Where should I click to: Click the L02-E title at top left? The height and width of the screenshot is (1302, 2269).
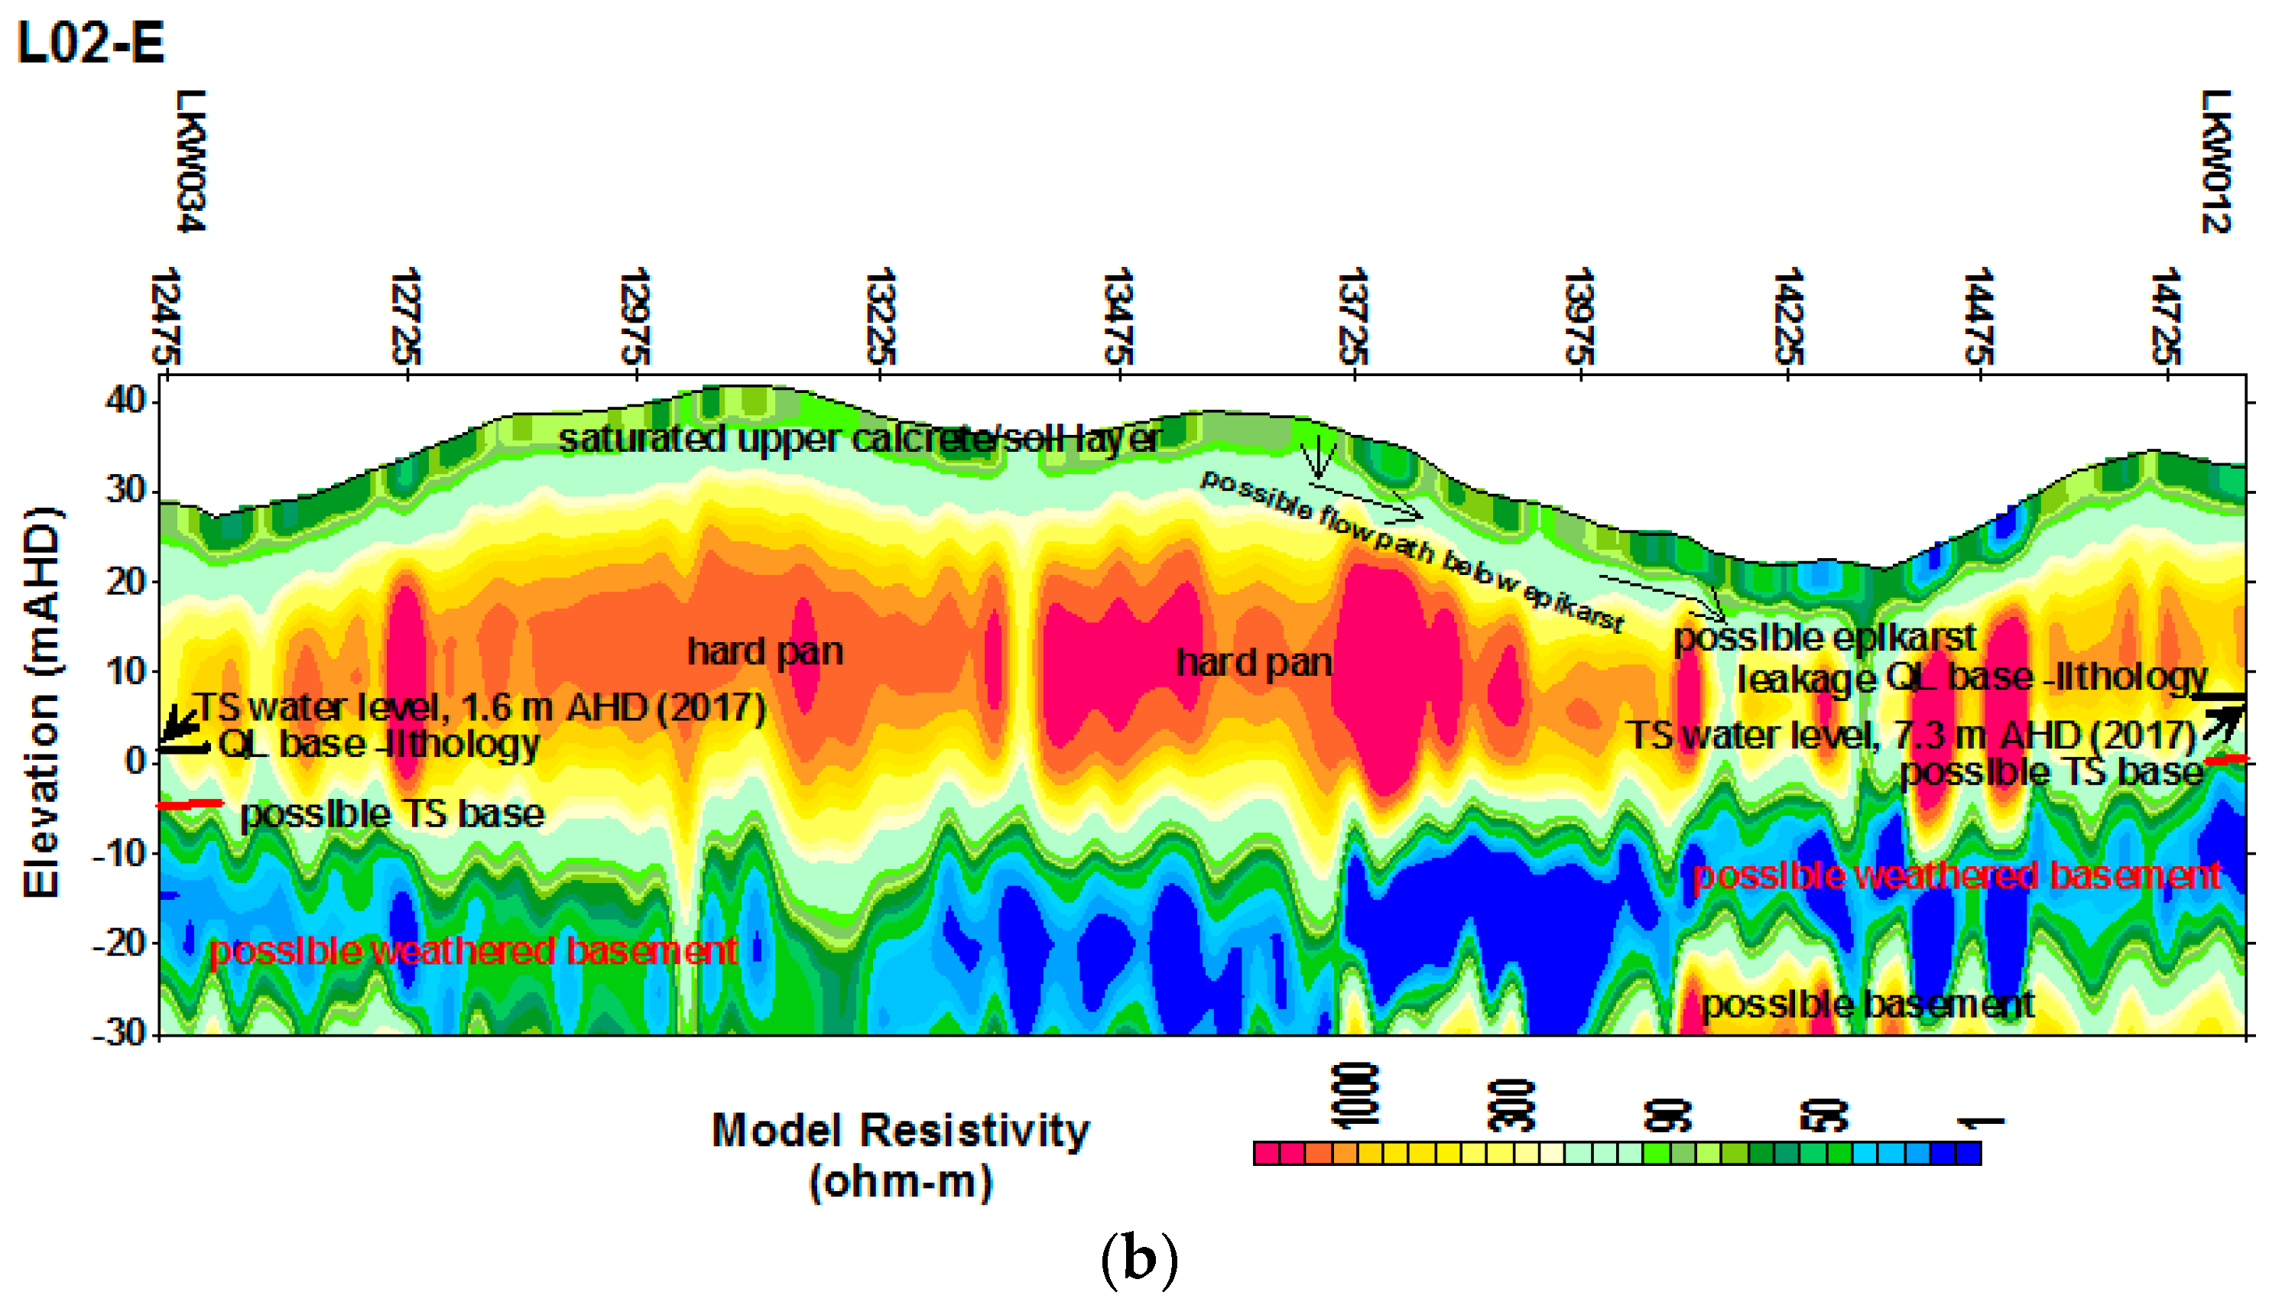pyautogui.click(x=91, y=43)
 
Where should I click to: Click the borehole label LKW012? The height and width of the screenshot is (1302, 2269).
pyautogui.click(x=2216, y=161)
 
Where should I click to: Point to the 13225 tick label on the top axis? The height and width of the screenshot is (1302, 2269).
pyautogui.click(x=881, y=316)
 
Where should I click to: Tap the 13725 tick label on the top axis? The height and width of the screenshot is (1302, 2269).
pyautogui.click(x=1352, y=316)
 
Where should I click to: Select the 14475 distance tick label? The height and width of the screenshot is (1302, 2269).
pyautogui.click(x=1978, y=316)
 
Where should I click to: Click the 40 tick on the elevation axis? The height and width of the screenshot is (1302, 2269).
pyautogui.click(x=125, y=401)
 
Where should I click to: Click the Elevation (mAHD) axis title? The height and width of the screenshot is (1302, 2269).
pyautogui.click(x=41, y=702)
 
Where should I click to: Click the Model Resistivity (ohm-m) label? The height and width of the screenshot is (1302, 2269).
pyautogui.click(x=901, y=1154)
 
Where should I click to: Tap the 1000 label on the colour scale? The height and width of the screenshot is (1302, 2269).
pyautogui.click(x=1355, y=1096)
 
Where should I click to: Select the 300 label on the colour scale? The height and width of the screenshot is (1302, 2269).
pyautogui.click(x=1511, y=1106)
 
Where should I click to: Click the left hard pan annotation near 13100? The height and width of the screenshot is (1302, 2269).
pyautogui.click(x=764, y=651)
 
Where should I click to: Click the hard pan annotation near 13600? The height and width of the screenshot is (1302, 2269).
pyautogui.click(x=1254, y=663)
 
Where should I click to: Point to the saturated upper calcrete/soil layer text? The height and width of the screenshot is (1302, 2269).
pyautogui.click(x=859, y=438)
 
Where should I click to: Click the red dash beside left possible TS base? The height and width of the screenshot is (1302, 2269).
pyautogui.click(x=190, y=805)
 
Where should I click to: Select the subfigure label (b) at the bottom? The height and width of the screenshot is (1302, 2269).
pyautogui.click(x=1138, y=1259)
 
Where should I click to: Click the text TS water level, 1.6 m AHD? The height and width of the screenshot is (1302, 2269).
pyautogui.click(x=480, y=707)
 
